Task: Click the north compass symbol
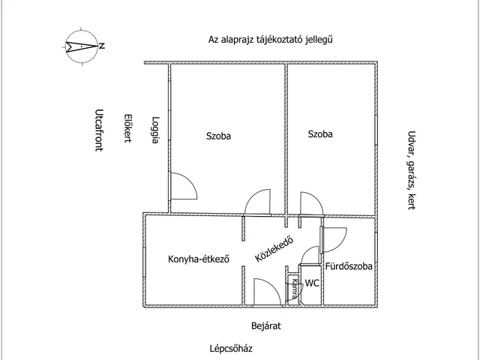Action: pos(80,46)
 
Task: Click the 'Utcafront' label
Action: pos(99,130)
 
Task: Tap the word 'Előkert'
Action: pos(128,128)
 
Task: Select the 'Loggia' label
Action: pos(154,130)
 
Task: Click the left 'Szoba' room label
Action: pos(219,136)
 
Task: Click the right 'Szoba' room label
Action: pos(320,134)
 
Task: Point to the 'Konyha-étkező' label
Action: pos(198,259)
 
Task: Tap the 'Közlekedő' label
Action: pos(273,249)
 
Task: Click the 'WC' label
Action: pos(313,283)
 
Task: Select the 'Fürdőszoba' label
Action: pos(348,266)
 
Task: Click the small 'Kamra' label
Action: pos(295,289)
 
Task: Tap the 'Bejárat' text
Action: pos(265,326)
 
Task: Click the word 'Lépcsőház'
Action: pos(231,348)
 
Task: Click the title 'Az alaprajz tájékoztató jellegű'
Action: pos(269,40)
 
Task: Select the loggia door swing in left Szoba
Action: pos(182,185)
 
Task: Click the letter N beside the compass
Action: pos(101,46)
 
